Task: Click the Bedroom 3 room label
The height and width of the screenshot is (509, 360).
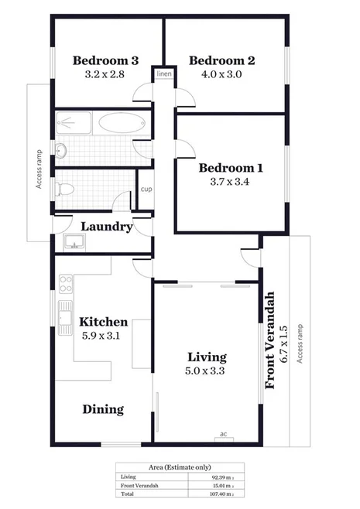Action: point(105,60)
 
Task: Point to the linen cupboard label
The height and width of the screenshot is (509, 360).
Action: point(164,74)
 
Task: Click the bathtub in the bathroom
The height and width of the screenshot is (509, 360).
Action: point(120,124)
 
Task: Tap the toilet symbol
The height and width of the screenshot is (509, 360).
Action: point(64,188)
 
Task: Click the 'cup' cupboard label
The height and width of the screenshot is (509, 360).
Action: point(146,189)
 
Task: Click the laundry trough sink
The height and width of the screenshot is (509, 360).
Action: point(74,241)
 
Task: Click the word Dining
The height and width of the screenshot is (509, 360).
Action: point(103,409)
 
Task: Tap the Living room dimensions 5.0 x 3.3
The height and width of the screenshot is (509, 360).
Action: point(207,371)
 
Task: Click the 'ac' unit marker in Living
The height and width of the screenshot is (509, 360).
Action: point(223,434)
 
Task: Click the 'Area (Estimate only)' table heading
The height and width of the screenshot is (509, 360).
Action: point(180,468)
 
